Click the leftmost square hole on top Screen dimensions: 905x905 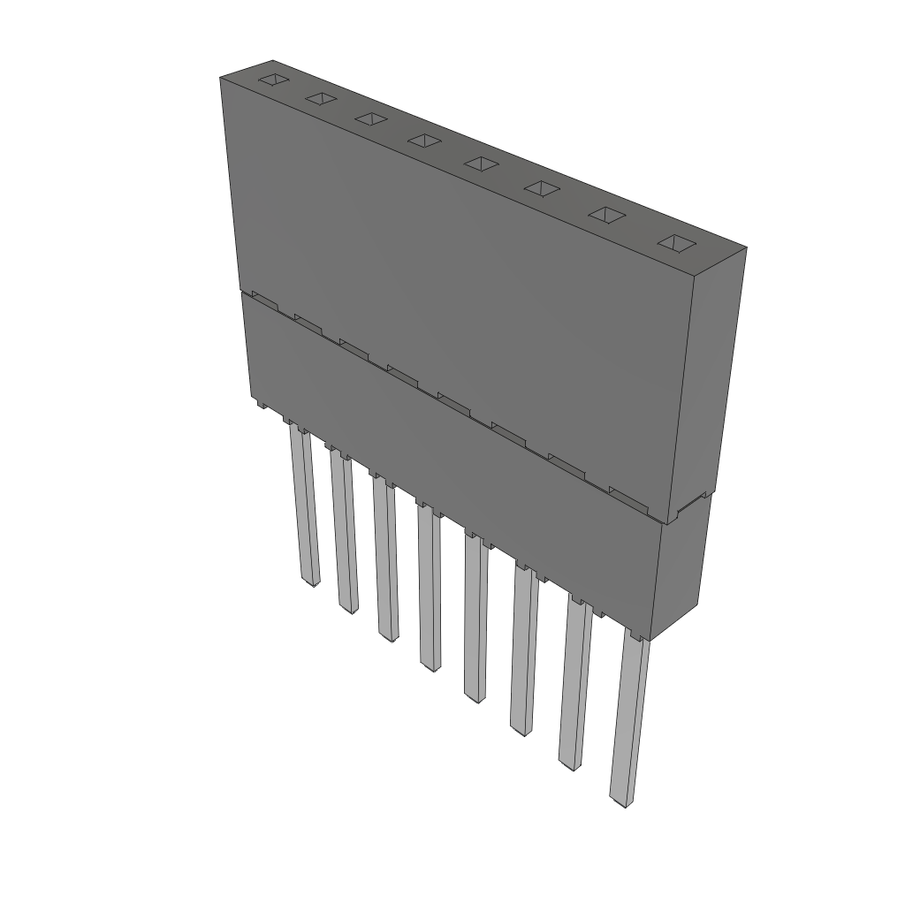point(273,80)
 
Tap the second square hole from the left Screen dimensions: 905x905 point(321,99)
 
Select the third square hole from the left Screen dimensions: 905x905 point(371,119)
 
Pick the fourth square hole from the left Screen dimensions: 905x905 point(424,141)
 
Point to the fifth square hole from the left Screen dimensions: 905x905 point(482,164)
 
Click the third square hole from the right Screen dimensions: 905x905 point(542,188)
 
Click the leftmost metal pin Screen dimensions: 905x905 point(302,508)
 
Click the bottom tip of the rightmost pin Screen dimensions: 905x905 point(622,803)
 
